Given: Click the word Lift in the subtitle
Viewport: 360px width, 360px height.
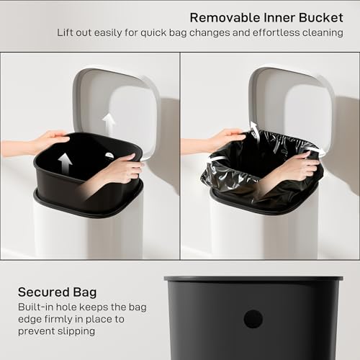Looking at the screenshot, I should [x=67, y=32].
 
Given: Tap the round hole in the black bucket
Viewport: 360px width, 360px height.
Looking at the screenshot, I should [x=253, y=319].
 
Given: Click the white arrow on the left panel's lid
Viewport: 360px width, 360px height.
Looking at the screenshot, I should [x=109, y=122].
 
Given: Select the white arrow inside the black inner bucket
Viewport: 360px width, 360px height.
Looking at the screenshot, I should [x=66, y=163].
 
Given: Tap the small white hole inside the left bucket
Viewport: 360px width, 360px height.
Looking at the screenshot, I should [x=109, y=155].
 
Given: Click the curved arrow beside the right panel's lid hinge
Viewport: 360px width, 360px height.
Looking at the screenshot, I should [x=253, y=130].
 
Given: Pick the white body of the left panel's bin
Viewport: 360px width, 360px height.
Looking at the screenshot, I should [x=86, y=234].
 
